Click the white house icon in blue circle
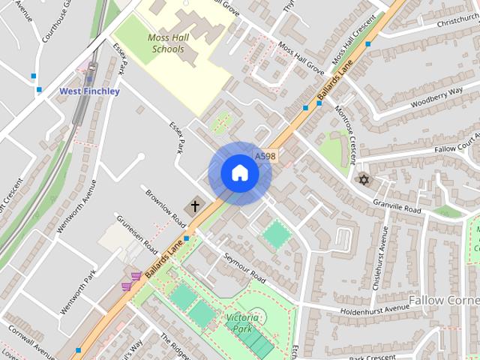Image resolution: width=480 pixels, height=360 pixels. [x=239, y=173]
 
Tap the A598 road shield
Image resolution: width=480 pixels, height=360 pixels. [x=265, y=157]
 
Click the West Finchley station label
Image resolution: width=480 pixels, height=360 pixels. [x=89, y=91]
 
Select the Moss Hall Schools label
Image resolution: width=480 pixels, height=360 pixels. [x=168, y=43]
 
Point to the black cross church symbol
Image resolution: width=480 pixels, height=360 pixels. [x=195, y=205]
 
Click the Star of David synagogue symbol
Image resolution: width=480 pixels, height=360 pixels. [x=364, y=180]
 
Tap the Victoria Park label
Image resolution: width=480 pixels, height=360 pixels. [x=244, y=323]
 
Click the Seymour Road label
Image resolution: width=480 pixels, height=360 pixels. [x=244, y=268]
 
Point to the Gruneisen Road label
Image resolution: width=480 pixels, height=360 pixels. [x=136, y=233]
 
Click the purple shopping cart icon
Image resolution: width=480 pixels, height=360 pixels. [x=135, y=277]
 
